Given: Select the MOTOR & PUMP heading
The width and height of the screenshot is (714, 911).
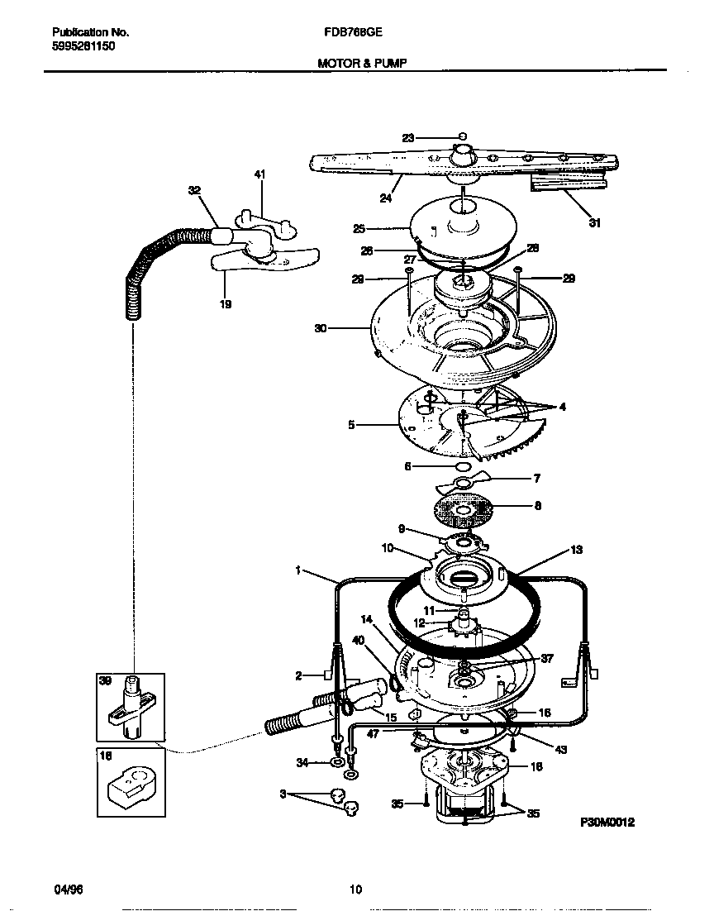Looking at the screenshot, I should pos(362,62).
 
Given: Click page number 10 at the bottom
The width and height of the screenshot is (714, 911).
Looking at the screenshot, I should pos(355,890).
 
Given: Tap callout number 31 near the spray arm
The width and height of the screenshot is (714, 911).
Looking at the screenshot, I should pos(594,222).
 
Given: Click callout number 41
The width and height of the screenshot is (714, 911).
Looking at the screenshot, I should pos(259,174).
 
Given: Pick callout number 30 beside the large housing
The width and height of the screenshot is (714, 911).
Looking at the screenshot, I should pos(321,328).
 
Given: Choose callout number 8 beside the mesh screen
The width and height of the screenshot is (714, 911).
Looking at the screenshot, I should pos(537,505).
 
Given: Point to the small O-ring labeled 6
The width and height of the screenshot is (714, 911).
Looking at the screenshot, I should pos(464,467).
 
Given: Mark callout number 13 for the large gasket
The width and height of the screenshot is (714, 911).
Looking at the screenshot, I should pos(576,550).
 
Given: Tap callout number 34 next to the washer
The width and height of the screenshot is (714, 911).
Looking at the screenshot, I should pos(302,762).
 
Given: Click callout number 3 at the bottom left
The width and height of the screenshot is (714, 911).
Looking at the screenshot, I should pos(283,794).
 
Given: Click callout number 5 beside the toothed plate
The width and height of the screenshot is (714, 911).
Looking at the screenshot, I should pos(351,426).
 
